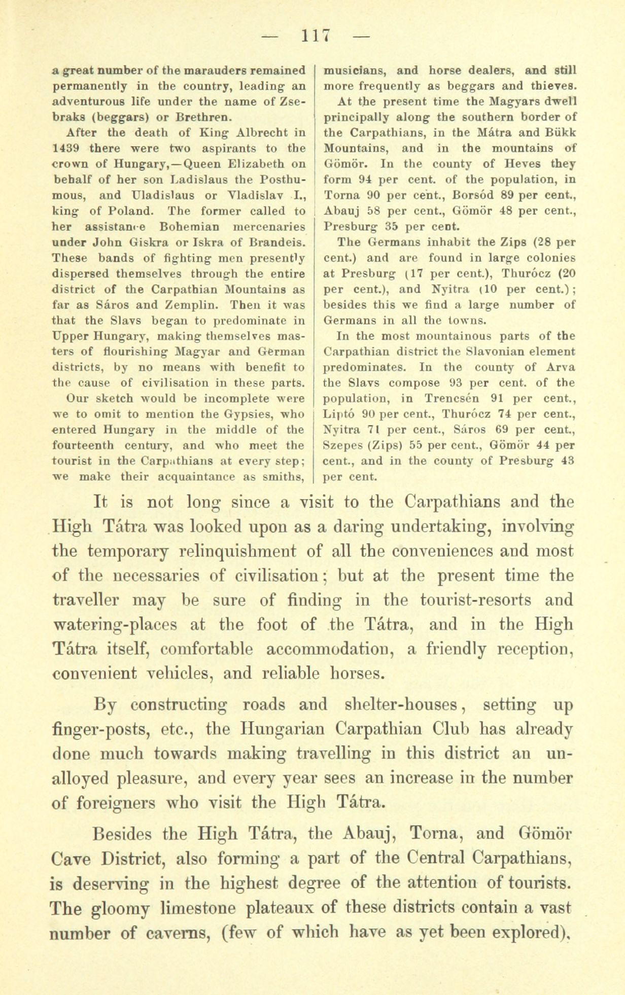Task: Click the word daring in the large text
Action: (359, 526)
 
